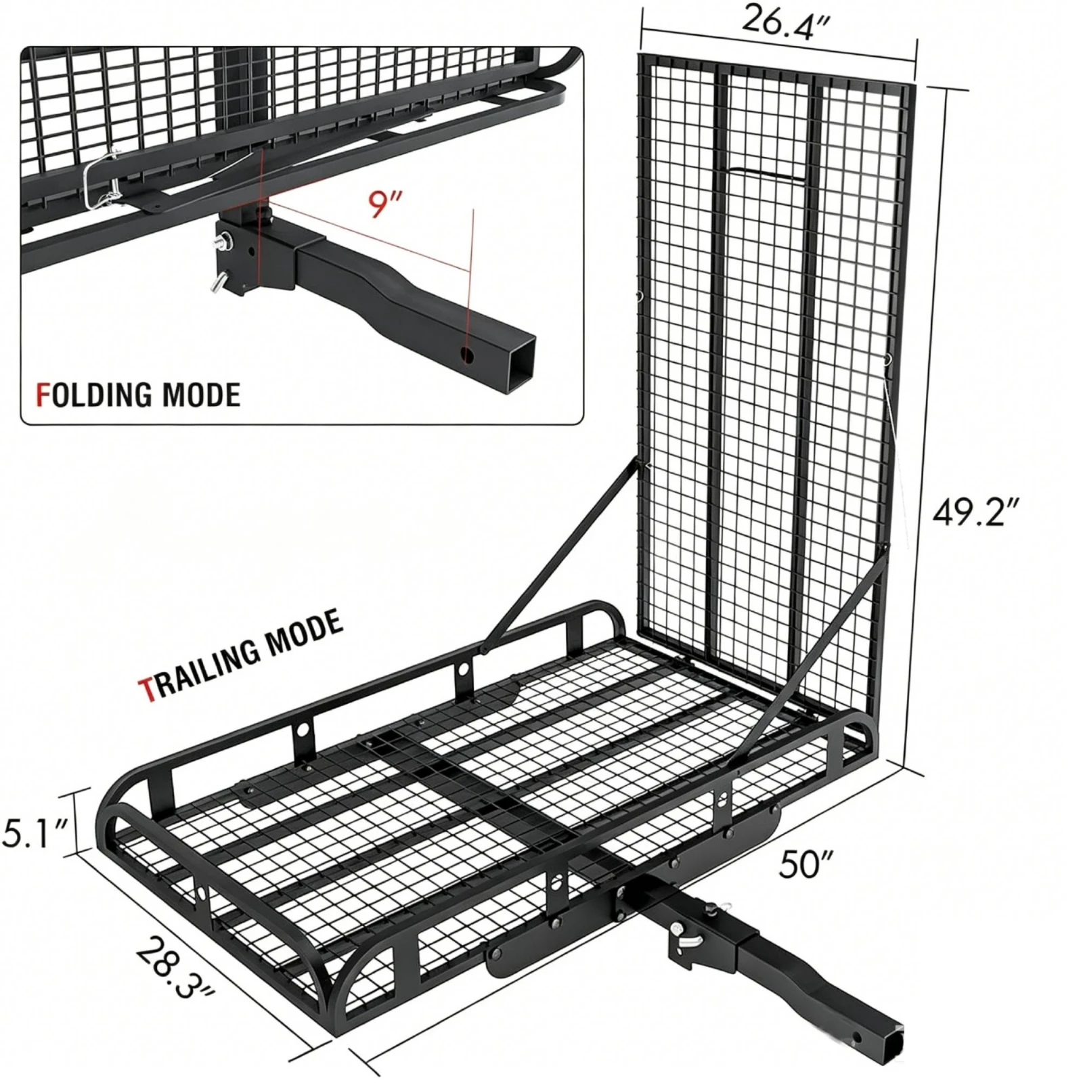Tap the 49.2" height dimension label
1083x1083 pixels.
[975, 513]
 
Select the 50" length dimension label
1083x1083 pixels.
[806, 864]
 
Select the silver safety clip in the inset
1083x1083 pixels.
[102, 181]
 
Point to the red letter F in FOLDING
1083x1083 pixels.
[42, 395]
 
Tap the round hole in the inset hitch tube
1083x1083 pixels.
[467, 354]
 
